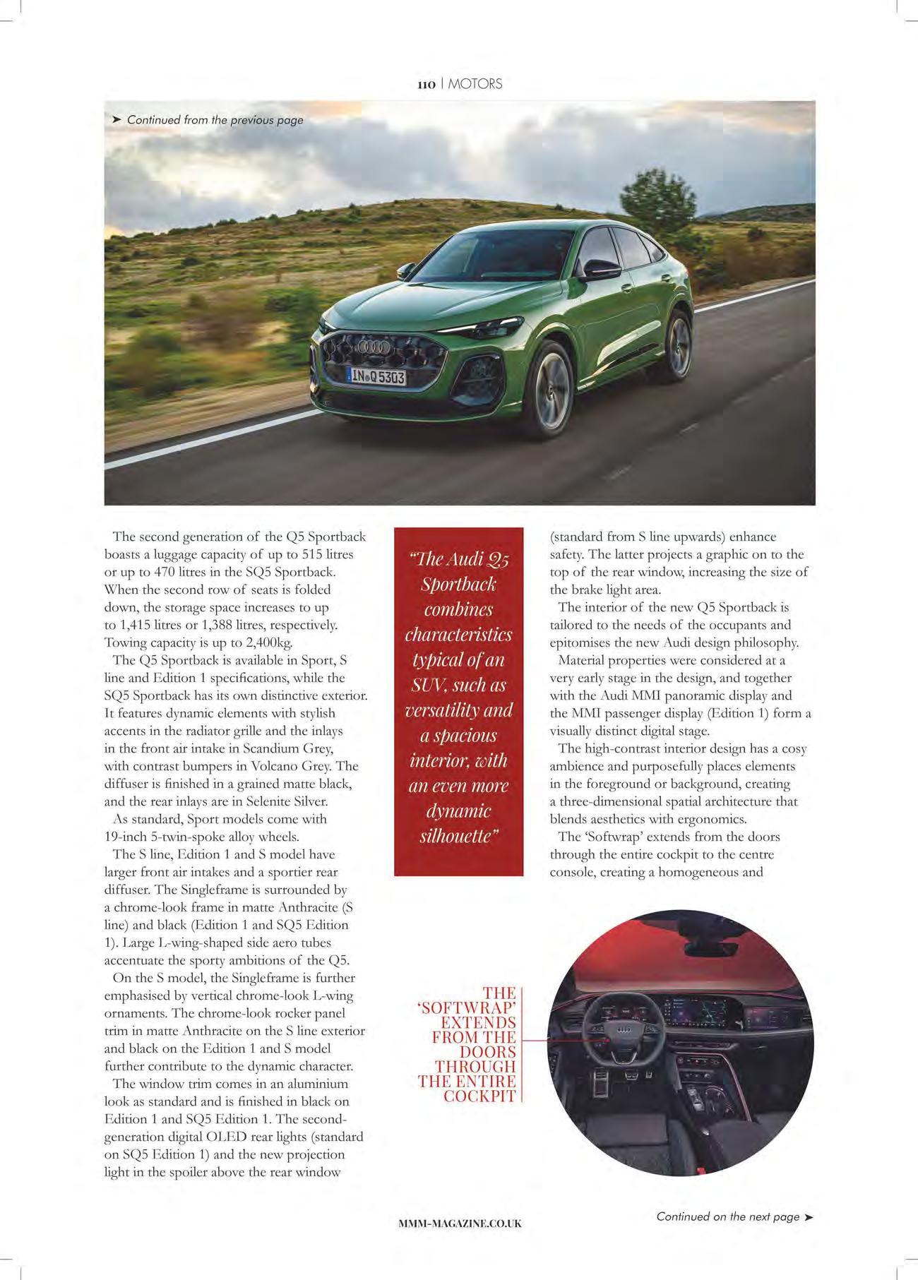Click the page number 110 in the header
point(427,84)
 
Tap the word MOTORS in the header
point(475,84)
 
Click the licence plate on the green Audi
point(377,377)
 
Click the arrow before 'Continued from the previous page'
point(117,120)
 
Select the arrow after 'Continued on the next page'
point(809,1216)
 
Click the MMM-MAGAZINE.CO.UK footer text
point(460,1224)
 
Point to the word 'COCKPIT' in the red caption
point(479,1096)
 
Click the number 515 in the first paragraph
point(313,554)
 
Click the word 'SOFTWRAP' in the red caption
point(468,1007)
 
